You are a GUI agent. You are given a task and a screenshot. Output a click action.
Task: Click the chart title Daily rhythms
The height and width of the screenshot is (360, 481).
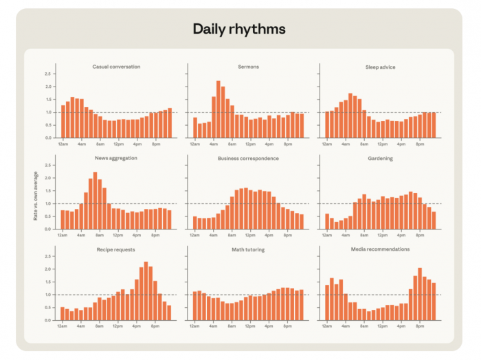pos(239,29)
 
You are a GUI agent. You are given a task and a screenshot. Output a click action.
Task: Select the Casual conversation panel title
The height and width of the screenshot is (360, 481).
pos(116,67)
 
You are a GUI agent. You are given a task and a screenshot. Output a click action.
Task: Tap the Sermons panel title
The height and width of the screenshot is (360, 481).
pos(248,67)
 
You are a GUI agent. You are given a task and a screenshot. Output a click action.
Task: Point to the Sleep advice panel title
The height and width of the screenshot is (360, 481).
pos(380,67)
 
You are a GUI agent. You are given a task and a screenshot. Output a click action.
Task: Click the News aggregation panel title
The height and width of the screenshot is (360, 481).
pos(116,158)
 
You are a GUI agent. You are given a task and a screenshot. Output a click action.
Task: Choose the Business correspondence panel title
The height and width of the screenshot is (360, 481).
pos(248,159)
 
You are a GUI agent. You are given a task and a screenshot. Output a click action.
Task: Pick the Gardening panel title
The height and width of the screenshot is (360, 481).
pos(380,159)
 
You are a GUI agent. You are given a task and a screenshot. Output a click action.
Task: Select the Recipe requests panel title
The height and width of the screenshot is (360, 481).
pos(115,249)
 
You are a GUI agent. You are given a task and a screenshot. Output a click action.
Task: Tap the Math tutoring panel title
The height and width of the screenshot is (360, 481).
pos(248,249)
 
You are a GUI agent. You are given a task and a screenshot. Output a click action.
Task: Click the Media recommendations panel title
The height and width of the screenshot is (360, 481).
pos(380,249)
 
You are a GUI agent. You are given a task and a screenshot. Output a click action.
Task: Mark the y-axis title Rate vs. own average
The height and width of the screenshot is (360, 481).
pos(36,196)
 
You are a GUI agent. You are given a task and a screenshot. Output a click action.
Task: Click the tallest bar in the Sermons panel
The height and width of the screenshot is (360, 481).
pos(219,109)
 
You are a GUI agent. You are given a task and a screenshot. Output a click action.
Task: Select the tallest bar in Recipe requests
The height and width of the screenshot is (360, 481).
pos(146,291)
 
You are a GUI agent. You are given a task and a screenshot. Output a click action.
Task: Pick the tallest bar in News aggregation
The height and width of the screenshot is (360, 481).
pos(95,201)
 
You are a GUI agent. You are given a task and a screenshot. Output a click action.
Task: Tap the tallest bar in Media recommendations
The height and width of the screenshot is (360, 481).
pos(420,294)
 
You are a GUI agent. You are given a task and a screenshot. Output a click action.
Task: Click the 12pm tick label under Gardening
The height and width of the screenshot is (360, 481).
pos(382,235)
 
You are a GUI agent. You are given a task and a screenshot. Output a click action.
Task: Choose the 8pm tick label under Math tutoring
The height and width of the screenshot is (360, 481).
pos(287,326)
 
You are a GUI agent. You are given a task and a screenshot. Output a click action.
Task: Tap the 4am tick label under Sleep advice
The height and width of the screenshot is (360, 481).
pos(346,144)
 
